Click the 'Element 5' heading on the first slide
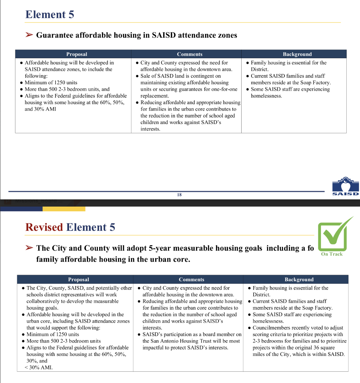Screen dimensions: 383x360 tap(50, 14)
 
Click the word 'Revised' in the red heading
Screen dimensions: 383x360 tap(44, 227)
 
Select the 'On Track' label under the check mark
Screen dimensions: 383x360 tap(332, 254)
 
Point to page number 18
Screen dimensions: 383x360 tap(179, 195)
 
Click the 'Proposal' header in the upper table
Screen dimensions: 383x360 tap(77, 54)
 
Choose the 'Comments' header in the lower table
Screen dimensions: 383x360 tap(191, 280)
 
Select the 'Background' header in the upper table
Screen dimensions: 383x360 tap(297, 54)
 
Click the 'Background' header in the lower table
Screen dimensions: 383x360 tap(299, 280)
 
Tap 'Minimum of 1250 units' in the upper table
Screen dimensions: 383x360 tap(51, 83)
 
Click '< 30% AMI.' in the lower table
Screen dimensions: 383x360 tap(39, 368)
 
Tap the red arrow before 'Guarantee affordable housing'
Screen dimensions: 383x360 tap(29, 35)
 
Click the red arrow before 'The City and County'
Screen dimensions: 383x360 tap(29, 248)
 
